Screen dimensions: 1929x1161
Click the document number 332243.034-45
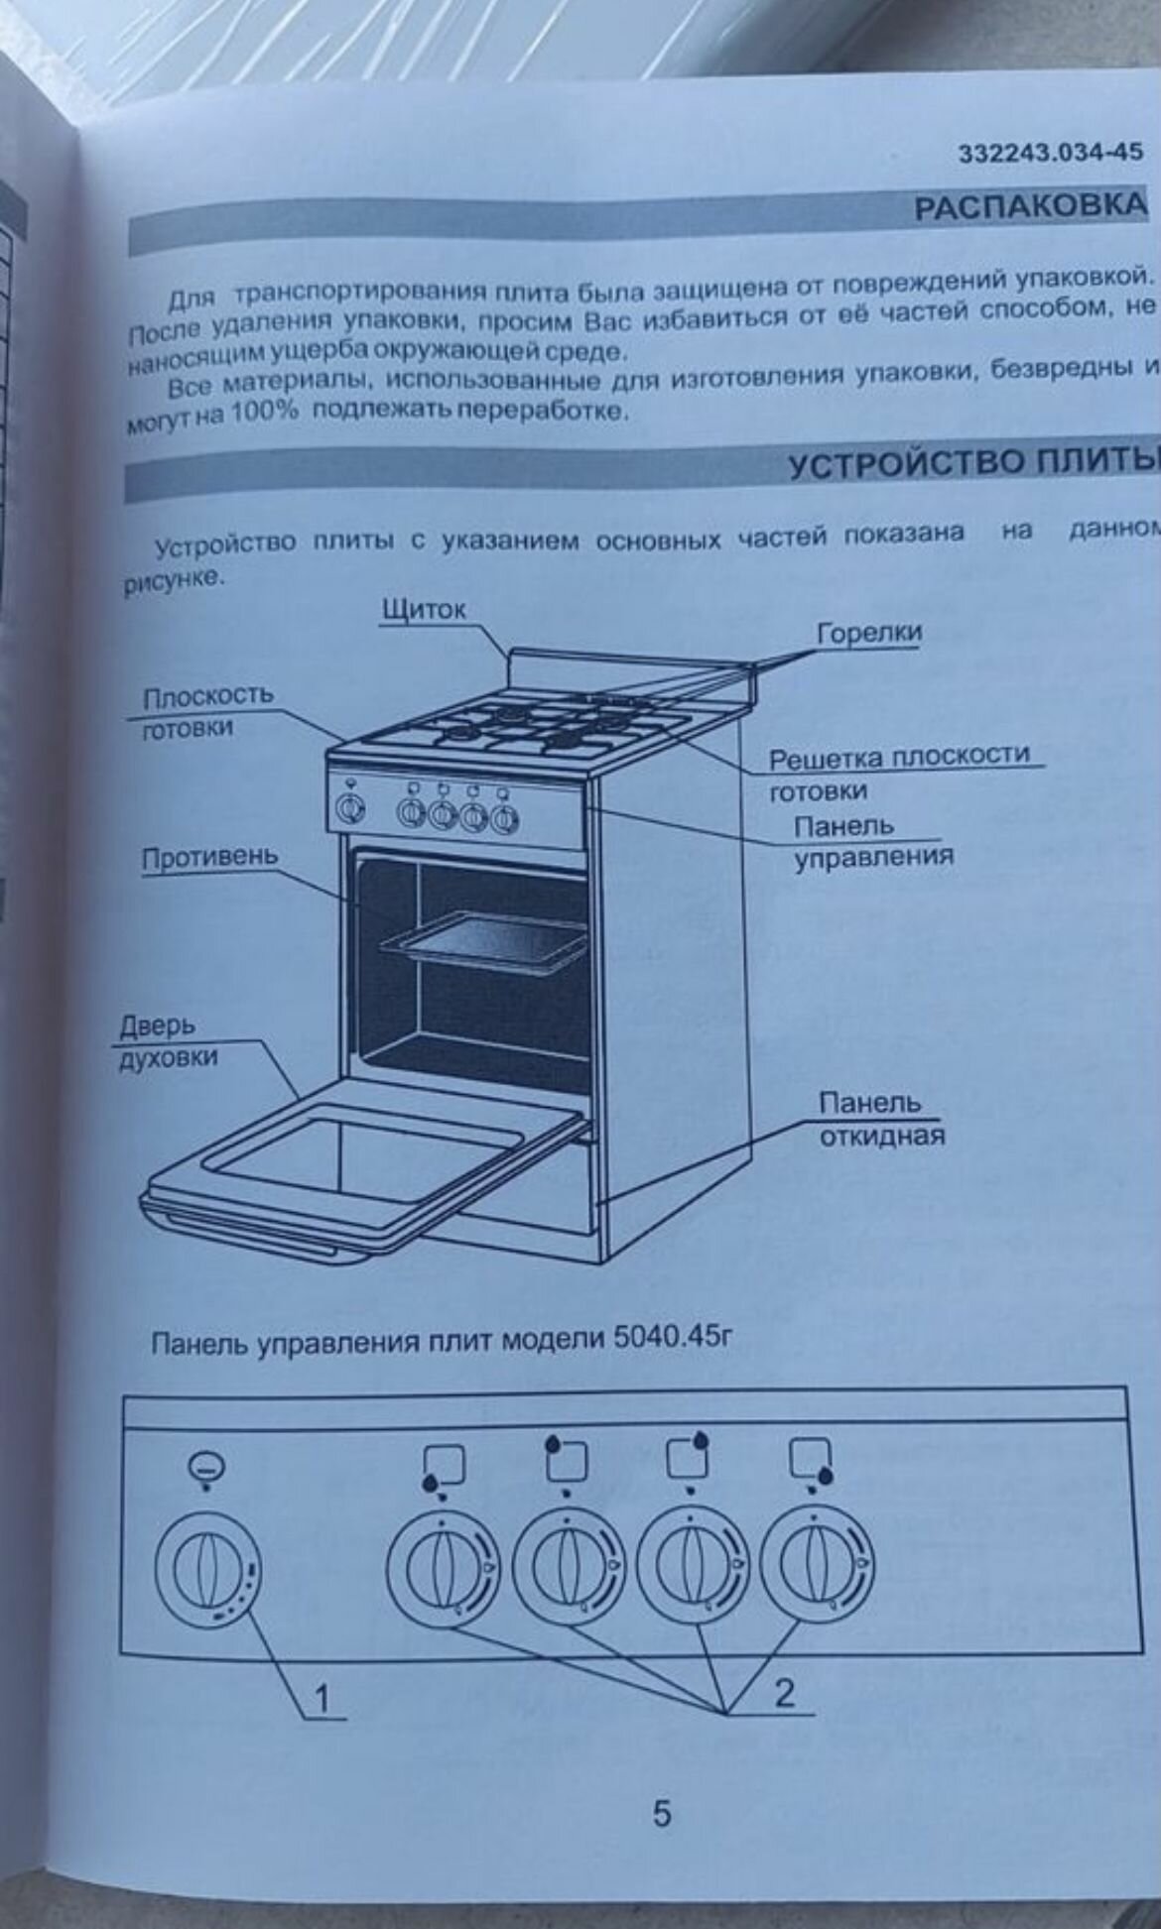click(x=1050, y=153)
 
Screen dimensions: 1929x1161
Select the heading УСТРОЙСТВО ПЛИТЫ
click(x=972, y=463)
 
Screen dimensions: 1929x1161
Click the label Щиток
click(x=424, y=610)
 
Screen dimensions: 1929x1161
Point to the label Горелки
click(x=868, y=633)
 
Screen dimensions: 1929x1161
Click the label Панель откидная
click(x=880, y=1119)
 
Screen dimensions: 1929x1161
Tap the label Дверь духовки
click(x=169, y=1041)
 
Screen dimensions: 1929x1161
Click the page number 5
click(x=661, y=1814)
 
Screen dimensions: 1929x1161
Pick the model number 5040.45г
click(x=673, y=1339)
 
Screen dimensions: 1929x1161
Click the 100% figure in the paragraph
click(x=264, y=413)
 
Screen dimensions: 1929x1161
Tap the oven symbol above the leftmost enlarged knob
click(x=206, y=1465)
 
